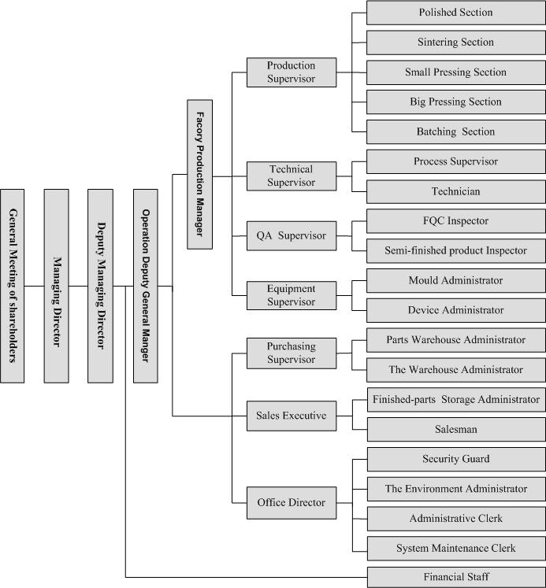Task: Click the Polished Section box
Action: (455, 13)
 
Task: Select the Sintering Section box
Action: (455, 43)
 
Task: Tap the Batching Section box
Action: (455, 131)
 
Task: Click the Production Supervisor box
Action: (292, 72)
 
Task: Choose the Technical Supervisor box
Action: (292, 176)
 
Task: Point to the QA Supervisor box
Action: (292, 235)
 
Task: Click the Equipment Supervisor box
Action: (292, 295)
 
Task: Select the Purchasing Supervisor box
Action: (292, 353)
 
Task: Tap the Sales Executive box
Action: (292, 412)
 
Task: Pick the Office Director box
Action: (292, 503)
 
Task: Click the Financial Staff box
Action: (455, 577)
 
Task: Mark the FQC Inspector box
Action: (455, 221)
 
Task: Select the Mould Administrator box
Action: (455, 280)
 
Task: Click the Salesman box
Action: (455, 430)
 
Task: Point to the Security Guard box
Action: (455, 459)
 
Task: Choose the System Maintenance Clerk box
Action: (455, 548)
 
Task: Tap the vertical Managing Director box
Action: (56, 285)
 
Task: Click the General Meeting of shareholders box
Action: (12, 285)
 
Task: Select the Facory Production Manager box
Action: (199, 174)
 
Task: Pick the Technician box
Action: (455, 191)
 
